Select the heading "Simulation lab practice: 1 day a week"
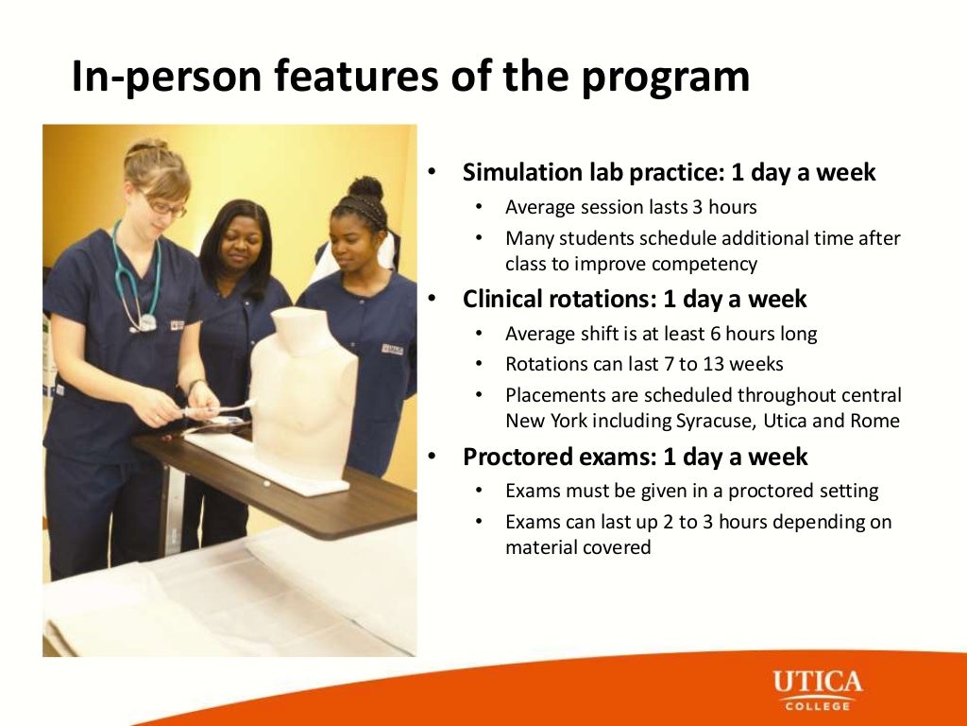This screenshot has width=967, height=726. pos(669,173)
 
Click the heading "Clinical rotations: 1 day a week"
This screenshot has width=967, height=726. pos(635,300)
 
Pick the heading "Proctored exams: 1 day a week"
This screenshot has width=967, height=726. pos(635,458)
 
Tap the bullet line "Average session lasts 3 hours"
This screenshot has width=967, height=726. pos(631,207)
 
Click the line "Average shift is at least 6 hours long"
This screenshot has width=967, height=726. pos(661,334)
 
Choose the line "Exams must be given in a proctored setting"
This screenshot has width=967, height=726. pos(691,492)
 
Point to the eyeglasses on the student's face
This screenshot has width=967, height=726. pos(163,204)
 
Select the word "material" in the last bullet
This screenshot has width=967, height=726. pos(542,547)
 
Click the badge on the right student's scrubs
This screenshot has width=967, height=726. pos(392,349)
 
